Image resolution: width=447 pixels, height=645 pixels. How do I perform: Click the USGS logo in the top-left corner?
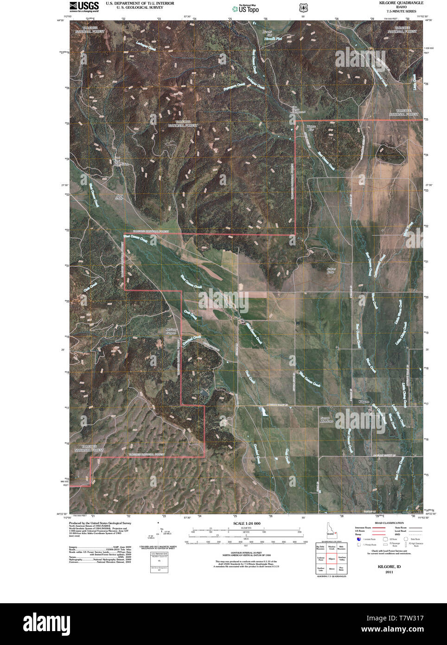[x=84, y=6]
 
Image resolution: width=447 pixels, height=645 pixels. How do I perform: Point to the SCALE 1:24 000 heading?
[x=244, y=523]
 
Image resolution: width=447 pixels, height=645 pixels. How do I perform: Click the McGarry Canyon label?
[x=172, y=332]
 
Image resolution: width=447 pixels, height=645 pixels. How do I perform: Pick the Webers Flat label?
[x=311, y=128]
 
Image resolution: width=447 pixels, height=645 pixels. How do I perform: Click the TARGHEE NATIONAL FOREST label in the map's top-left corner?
[x=91, y=30]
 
